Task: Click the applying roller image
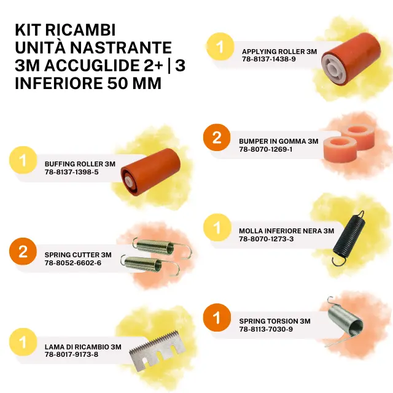pyautogui.click(x=351, y=59)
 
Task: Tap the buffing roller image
pyautogui.click(x=150, y=172)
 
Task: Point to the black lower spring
pyautogui.click(x=349, y=238)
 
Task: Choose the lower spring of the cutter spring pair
pyautogui.click(x=150, y=265)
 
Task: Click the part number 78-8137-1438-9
pyautogui.click(x=269, y=59)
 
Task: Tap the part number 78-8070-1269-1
pyautogui.click(x=265, y=149)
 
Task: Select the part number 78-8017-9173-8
pyautogui.click(x=71, y=354)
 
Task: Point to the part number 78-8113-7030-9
pyautogui.click(x=266, y=329)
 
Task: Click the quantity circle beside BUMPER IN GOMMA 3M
pyautogui.click(x=217, y=138)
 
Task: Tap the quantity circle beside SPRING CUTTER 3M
pyautogui.click(x=23, y=251)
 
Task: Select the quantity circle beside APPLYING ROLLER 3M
pyautogui.click(x=220, y=47)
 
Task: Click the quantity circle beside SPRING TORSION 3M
pyautogui.click(x=217, y=317)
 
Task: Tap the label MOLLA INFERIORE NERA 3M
pyautogui.click(x=287, y=231)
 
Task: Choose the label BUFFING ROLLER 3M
pyautogui.click(x=80, y=164)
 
